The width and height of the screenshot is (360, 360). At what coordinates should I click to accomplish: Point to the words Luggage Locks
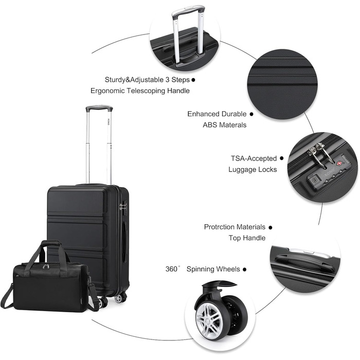pos(253,169)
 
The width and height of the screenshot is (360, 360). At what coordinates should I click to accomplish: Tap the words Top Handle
pos(247,238)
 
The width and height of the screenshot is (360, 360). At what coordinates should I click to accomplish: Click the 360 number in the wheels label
pos(171,269)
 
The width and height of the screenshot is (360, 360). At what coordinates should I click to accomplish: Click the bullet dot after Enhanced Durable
pos(251,114)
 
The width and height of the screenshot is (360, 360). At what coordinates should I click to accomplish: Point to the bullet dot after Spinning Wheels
pos(244,269)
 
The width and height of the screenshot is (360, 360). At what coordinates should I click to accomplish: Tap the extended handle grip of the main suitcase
pos(99,108)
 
